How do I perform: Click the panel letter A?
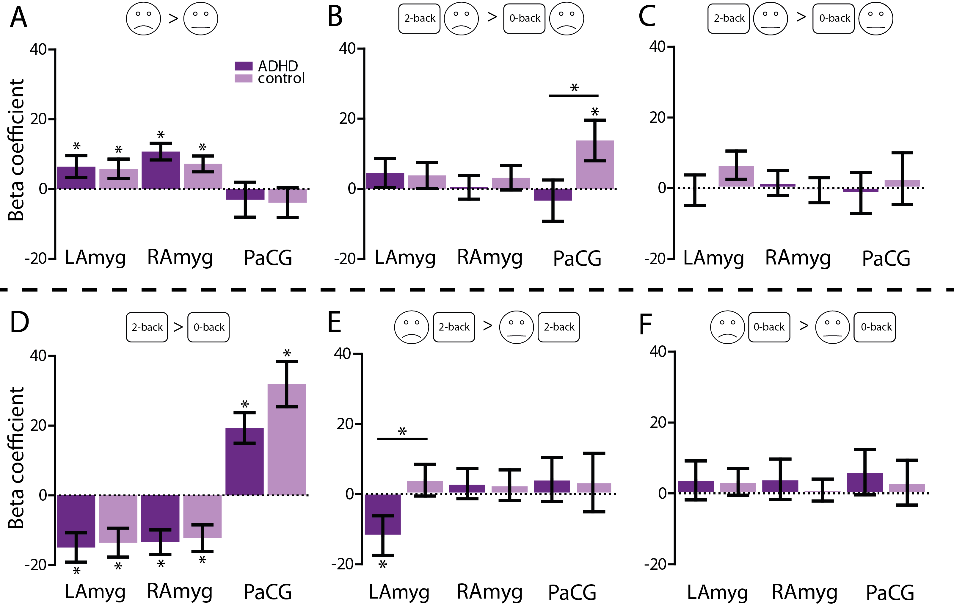pos(19,18)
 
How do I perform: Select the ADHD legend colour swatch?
pos(243,66)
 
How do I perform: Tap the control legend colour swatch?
pos(243,79)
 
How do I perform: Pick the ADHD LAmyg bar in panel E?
pos(383,514)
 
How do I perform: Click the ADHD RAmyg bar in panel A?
pos(161,170)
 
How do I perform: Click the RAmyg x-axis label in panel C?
pos(798,258)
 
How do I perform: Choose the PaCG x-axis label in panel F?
pos(890,593)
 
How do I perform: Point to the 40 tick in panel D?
pos(38,356)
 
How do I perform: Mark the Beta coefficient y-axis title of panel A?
pos(16,150)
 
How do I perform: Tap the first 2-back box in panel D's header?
pos(147,327)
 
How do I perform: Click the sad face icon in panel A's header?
pos(143,19)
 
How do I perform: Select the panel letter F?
pos(646,324)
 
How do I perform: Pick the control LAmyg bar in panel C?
pos(736,176)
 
